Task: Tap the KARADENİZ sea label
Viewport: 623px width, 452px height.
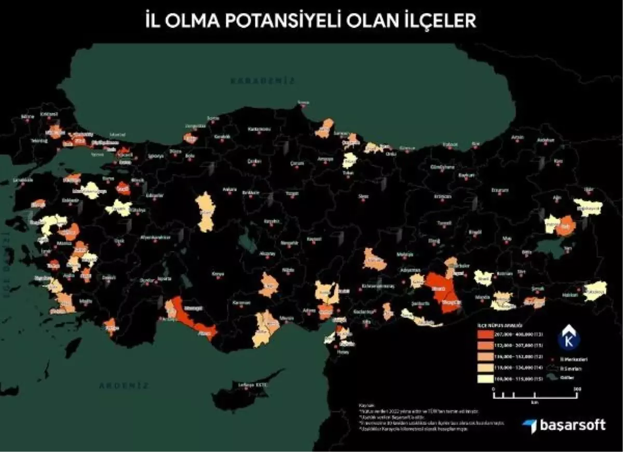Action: (263, 81)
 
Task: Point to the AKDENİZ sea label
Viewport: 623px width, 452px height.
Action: (124, 386)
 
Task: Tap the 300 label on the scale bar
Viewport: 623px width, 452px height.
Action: (577, 388)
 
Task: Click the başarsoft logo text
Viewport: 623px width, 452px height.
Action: (571, 425)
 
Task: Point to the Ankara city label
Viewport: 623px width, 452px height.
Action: (229, 190)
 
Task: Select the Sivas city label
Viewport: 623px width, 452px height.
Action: (363, 196)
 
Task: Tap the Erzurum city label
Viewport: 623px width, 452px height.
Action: (500, 190)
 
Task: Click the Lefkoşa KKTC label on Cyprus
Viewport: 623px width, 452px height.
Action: (252, 385)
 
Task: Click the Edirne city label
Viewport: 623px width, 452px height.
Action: (26, 116)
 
